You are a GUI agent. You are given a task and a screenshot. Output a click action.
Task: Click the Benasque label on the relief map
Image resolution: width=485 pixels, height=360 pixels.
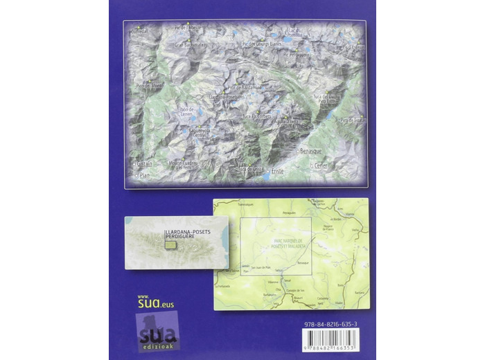coord(312,150)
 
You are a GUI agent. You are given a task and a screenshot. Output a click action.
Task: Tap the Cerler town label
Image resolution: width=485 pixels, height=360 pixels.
coord(320,165)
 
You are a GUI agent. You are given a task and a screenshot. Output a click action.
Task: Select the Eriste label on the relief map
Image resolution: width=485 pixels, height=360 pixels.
coord(279,170)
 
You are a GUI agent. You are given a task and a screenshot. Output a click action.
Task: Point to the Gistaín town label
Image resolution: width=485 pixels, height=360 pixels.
coord(144,163)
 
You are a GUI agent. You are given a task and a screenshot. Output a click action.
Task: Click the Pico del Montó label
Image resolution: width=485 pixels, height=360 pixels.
coord(149,85)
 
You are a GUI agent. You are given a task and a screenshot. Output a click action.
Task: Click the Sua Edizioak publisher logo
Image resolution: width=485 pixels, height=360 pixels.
coord(159,332)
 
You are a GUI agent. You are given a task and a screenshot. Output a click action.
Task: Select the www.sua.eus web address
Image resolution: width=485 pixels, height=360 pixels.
coord(155,302)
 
